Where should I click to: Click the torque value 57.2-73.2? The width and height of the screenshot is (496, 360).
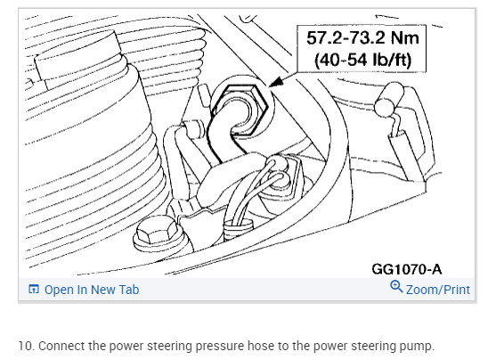pos(346,38)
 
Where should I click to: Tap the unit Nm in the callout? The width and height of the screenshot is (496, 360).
pos(405,38)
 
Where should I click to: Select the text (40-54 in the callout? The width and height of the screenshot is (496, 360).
pos(341,60)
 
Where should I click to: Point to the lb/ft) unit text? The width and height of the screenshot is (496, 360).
pos(392,60)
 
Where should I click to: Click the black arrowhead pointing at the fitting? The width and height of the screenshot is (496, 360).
pos(276,82)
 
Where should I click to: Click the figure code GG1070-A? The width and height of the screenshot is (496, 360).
pos(406,269)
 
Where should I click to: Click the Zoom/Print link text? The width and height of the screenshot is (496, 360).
pos(438,290)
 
